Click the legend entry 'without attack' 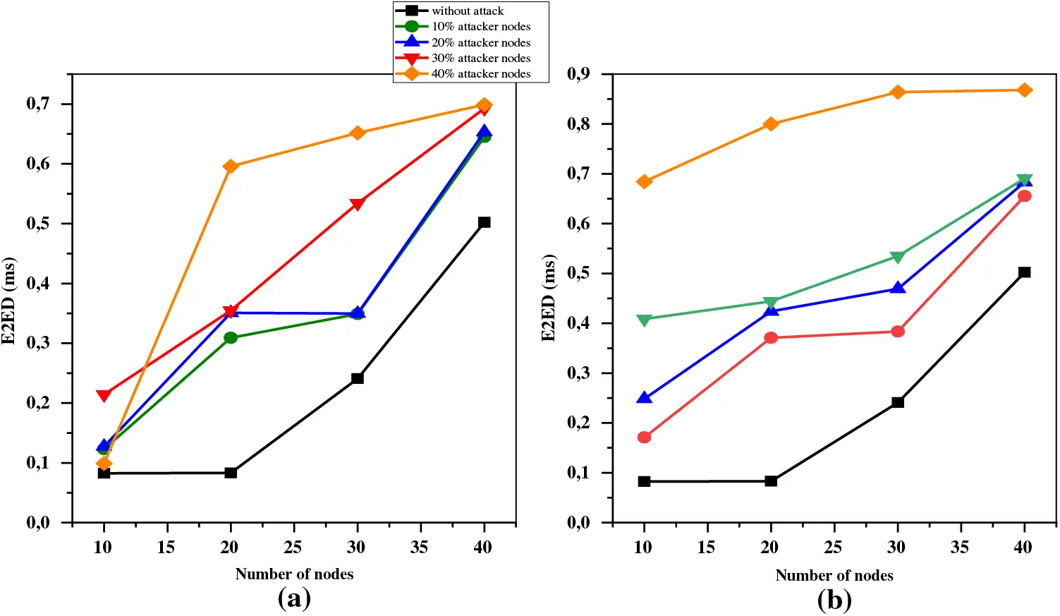click(x=468, y=11)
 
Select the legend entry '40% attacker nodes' click(x=480, y=73)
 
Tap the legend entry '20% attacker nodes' click(x=480, y=42)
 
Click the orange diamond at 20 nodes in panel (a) click(x=231, y=167)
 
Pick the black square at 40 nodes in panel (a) click(x=484, y=222)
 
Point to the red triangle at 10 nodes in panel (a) click(x=104, y=395)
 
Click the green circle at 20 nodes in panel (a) click(x=231, y=338)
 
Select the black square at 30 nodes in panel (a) click(x=358, y=378)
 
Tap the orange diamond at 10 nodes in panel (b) click(x=644, y=182)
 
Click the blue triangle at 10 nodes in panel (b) click(x=644, y=398)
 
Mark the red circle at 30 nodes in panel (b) click(x=898, y=332)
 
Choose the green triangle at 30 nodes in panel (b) click(x=898, y=257)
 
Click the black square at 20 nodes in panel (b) click(x=771, y=481)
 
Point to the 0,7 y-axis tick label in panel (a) click(x=38, y=104)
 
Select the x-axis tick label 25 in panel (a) click(x=293, y=547)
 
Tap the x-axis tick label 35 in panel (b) click(x=960, y=547)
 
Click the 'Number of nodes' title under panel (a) click(x=294, y=574)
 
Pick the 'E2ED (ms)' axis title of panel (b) click(x=549, y=298)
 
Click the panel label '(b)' click(x=834, y=600)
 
